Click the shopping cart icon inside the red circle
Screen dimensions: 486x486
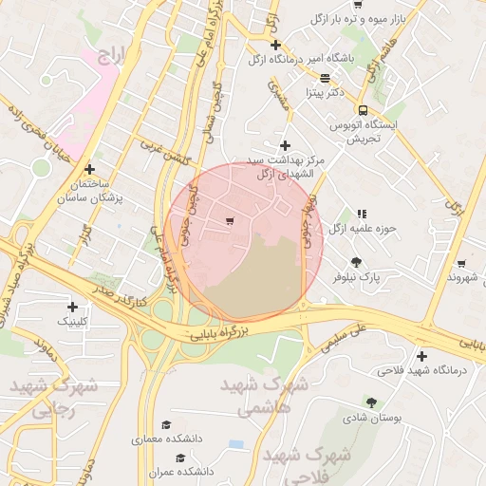pos(230,220)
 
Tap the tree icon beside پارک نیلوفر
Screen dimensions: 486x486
pos(357,262)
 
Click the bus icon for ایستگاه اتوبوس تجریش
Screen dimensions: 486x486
pos(363,109)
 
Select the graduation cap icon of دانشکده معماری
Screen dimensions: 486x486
pos(167,424)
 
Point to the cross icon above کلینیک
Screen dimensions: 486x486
pos(72,307)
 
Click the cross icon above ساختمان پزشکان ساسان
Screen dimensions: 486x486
pos(90,168)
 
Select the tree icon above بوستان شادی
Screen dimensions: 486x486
pos(371,402)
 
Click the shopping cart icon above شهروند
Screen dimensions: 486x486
pos(461,263)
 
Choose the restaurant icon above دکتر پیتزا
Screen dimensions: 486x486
pos(325,78)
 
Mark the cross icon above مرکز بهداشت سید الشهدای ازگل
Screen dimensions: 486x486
pos(284,144)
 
